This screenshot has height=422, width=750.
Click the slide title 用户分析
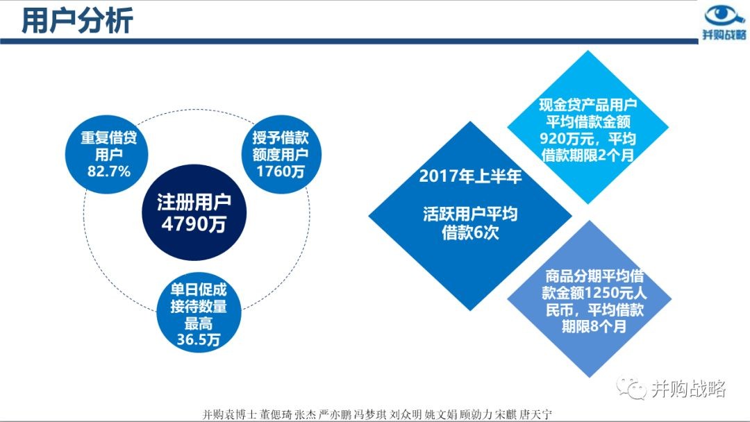tap(78, 21)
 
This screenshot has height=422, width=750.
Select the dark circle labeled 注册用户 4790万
tap(194, 212)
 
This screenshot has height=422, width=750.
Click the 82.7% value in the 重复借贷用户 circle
tap(108, 171)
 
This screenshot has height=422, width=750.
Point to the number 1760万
tap(281, 171)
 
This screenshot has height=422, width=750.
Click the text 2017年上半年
tap(470, 176)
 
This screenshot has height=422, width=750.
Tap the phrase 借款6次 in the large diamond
tap(470, 233)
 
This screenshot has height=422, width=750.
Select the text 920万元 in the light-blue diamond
tap(568, 139)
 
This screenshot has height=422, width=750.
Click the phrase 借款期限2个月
tap(588, 155)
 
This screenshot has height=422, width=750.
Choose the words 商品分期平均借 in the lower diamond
tap(594, 276)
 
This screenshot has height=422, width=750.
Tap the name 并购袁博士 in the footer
tap(230, 414)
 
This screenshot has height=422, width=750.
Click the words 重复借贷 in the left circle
tap(108, 137)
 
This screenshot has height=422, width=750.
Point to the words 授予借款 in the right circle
tap(281, 137)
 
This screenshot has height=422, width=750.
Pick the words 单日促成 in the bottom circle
tap(199, 289)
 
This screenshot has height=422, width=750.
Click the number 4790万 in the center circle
tap(194, 223)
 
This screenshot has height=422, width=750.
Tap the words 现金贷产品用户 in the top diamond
tap(588, 105)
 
